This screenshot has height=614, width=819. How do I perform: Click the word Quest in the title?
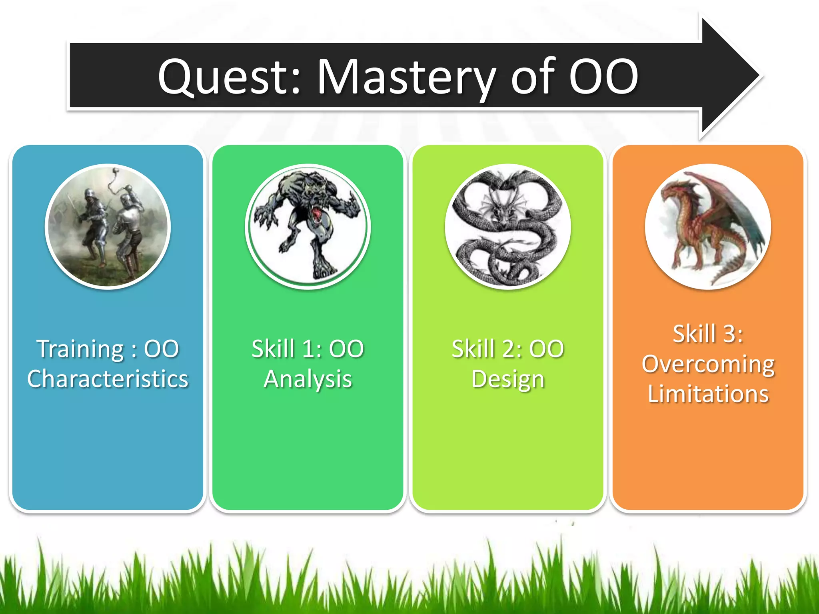(x=228, y=77)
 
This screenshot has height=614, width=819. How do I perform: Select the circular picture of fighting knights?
(x=108, y=226)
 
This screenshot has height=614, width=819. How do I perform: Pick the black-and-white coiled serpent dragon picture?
(x=507, y=226)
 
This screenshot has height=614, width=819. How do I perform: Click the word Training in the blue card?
(x=80, y=349)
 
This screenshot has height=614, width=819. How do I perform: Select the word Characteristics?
(x=108, y=379)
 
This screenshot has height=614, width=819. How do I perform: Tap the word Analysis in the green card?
(x=308, y=379)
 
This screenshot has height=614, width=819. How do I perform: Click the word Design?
(x=507, y=379)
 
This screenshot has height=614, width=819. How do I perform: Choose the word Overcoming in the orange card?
(x=708, y=364)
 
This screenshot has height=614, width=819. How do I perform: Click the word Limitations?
(x=708, y=394)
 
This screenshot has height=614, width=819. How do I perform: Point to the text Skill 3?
(x=708, y=334)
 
